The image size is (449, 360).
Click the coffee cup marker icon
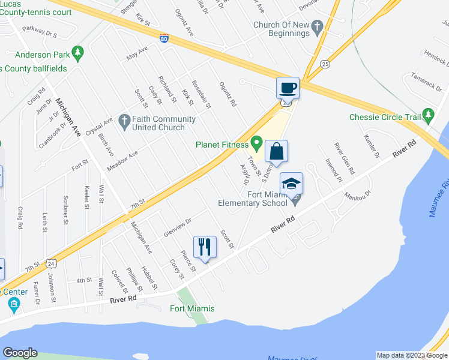[287, 88]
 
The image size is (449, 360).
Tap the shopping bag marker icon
[277, 151]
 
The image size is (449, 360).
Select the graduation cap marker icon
[291, 184]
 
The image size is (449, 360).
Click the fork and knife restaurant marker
[205, 247]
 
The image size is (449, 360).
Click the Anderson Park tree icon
[77, 53]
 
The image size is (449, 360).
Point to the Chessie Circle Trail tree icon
[428, 115]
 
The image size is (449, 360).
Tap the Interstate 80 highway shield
[164, 38]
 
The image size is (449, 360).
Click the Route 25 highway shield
[325, 64]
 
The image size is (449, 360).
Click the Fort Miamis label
[191, 308]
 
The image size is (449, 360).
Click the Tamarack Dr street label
[426, 81]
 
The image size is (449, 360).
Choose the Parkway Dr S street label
[39, 31]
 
